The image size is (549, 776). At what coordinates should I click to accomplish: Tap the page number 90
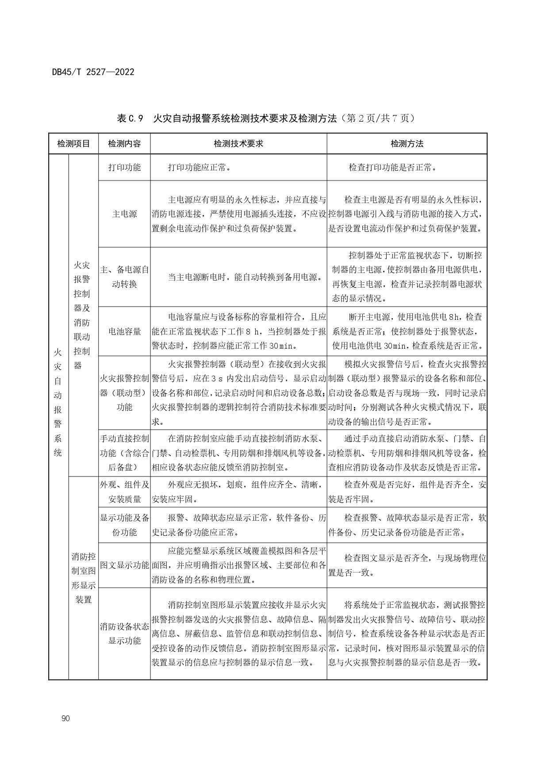coord(66,718)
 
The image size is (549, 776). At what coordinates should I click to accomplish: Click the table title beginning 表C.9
coord(266,119)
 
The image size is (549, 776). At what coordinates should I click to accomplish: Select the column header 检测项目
coord(73,144)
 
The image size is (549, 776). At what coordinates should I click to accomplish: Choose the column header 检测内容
coord(124,144)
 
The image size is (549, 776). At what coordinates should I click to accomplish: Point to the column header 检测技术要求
coord(238,144)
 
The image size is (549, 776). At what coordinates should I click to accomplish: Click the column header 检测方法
coord(407,144)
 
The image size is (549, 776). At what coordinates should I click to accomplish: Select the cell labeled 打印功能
coord(124,167)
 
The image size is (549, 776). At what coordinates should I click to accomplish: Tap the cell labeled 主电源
coord(124,214)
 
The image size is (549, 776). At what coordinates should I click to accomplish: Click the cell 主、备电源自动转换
coord(124,277)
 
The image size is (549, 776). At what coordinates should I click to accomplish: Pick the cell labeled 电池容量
coord(124,331)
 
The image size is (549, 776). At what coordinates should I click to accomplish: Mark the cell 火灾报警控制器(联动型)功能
coord(124,392)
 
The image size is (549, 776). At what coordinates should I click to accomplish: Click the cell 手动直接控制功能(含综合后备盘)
coord(124,453)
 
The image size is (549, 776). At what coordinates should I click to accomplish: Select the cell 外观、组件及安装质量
coord(124,492)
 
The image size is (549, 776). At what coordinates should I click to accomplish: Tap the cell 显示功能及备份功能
coord(124,525)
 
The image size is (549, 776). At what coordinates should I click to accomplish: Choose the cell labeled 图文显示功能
coord(124,565)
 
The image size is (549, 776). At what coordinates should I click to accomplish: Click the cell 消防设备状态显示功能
coord(124,634)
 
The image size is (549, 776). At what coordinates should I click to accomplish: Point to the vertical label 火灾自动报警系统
coord(58,402)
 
